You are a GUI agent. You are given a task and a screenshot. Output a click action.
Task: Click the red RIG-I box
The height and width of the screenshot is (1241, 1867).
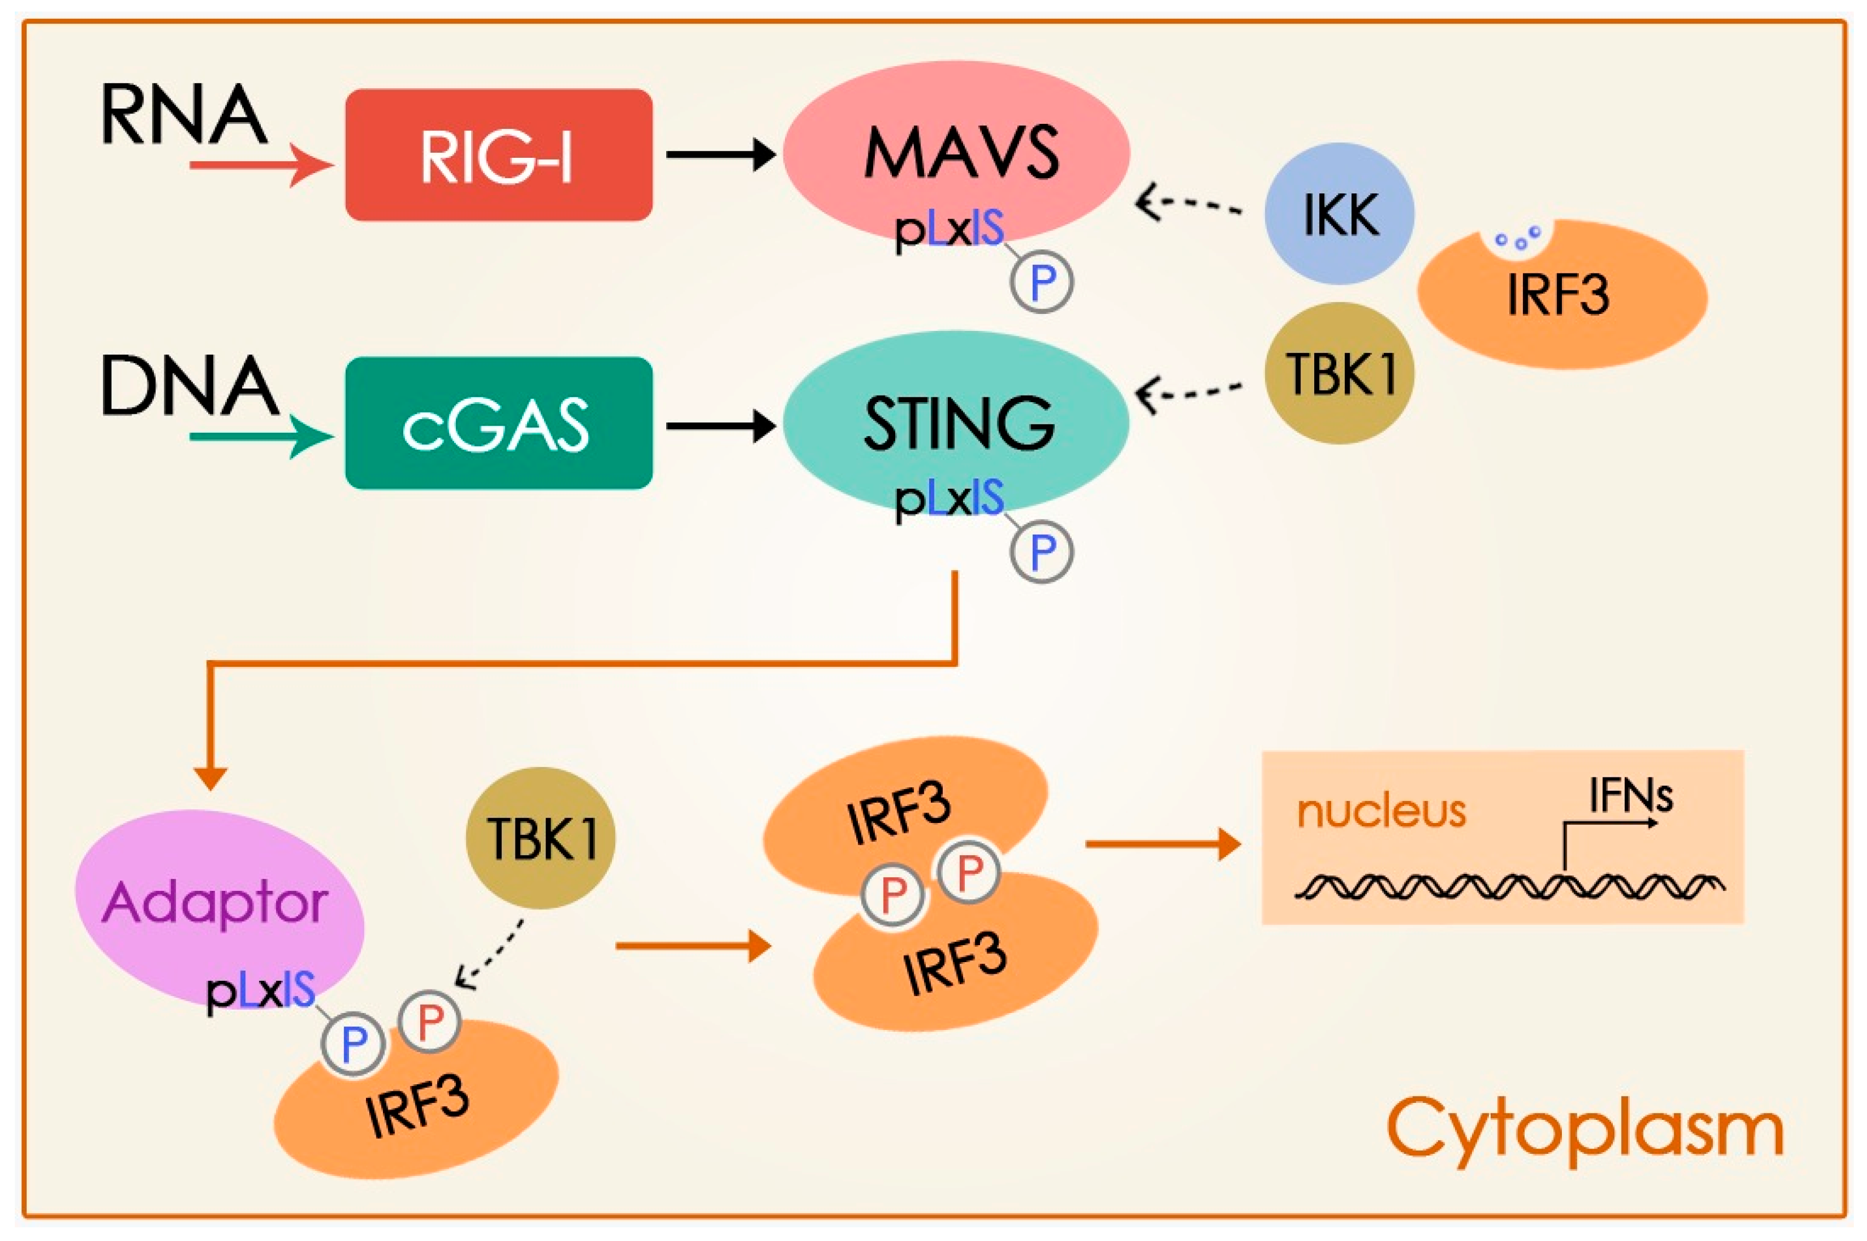click(x=499, y=155)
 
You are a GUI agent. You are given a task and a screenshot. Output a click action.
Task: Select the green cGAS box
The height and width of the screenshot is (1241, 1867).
click(x=499, y=424)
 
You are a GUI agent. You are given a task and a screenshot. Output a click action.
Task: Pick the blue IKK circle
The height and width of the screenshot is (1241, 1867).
click(x=1339, y=214)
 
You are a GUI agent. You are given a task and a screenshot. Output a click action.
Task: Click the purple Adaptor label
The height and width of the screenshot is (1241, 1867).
click(x=215, y=902)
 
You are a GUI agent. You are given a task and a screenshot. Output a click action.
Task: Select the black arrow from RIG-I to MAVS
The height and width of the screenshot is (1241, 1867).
click(x=720, y=155)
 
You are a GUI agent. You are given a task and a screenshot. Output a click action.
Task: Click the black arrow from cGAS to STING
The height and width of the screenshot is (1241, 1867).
click(x=720, y=426)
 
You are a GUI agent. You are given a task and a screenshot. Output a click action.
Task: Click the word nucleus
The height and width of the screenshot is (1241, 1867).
click(x=1381, y=811)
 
